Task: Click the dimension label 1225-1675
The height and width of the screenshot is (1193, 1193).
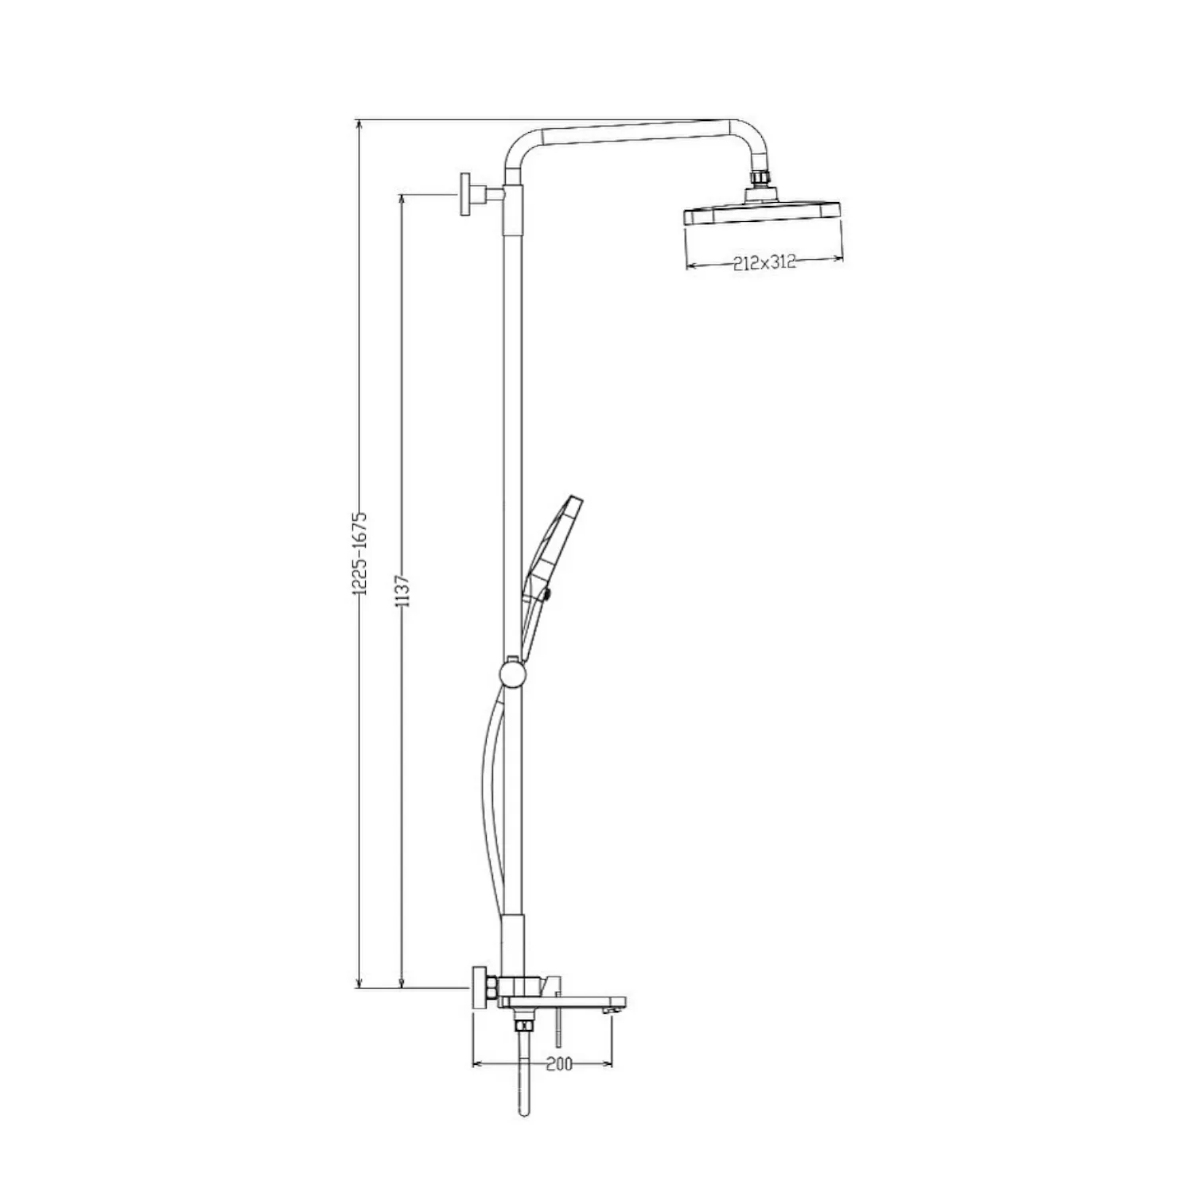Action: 360,554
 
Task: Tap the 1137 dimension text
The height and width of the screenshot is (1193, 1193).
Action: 402,591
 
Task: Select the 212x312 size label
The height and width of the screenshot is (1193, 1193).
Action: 764,263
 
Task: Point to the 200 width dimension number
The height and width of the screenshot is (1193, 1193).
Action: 560,1064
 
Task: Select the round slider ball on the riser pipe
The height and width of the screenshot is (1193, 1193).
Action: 513,675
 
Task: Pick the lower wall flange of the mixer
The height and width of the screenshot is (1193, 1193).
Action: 480,988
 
